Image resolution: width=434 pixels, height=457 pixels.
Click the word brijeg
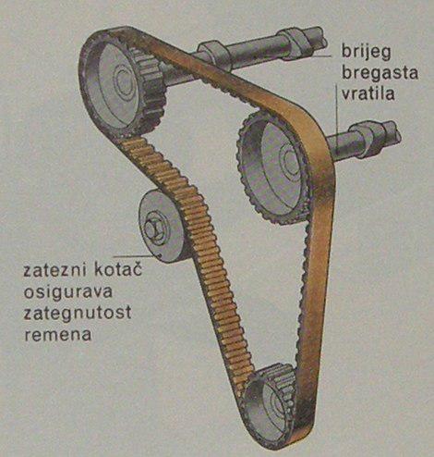(x=367, y=52)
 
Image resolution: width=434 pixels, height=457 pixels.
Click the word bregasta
(x=380, y=73)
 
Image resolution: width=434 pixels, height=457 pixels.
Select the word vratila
(x=368, y=93)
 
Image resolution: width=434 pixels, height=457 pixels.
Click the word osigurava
(x=67, y=292)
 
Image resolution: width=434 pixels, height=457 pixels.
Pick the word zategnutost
(x=78, y=313)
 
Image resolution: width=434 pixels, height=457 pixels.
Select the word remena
(x=57, y=334)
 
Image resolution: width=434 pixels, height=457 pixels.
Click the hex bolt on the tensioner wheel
(x=153, y=229)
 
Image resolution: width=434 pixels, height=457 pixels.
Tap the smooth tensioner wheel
(x=162, y=227)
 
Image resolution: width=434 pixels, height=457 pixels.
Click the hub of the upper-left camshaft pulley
(x=123, y=80)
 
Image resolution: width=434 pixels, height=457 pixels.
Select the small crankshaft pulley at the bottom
(x=271, y=401)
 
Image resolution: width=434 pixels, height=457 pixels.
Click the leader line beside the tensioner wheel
(x=133, y=256)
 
